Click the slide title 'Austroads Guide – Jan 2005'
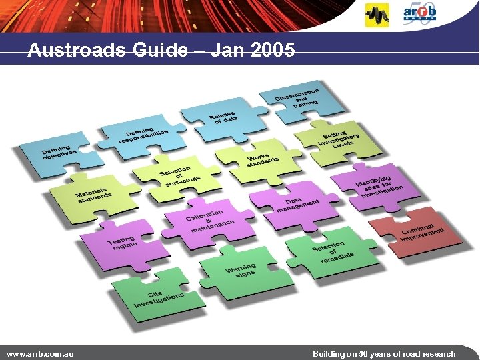click(161, 50)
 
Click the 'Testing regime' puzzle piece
click(123, 243)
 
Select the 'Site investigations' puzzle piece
click(156, 297)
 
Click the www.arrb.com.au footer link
click(39, 353)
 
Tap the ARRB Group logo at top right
click(421, 13)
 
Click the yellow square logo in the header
click(377, 15)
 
